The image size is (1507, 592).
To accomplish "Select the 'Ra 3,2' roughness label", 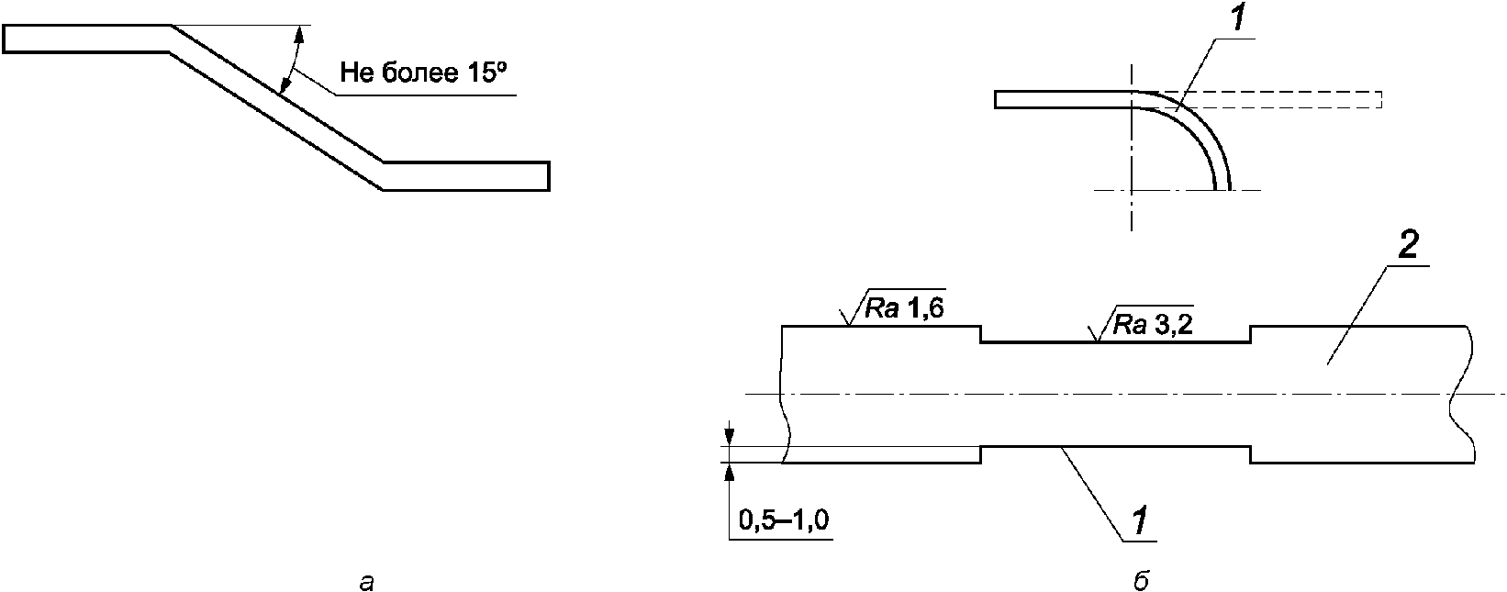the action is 1153,326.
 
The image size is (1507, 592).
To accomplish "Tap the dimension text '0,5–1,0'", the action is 784,519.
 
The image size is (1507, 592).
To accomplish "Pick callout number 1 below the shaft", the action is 1139,522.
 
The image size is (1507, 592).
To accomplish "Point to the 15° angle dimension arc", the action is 294,58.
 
